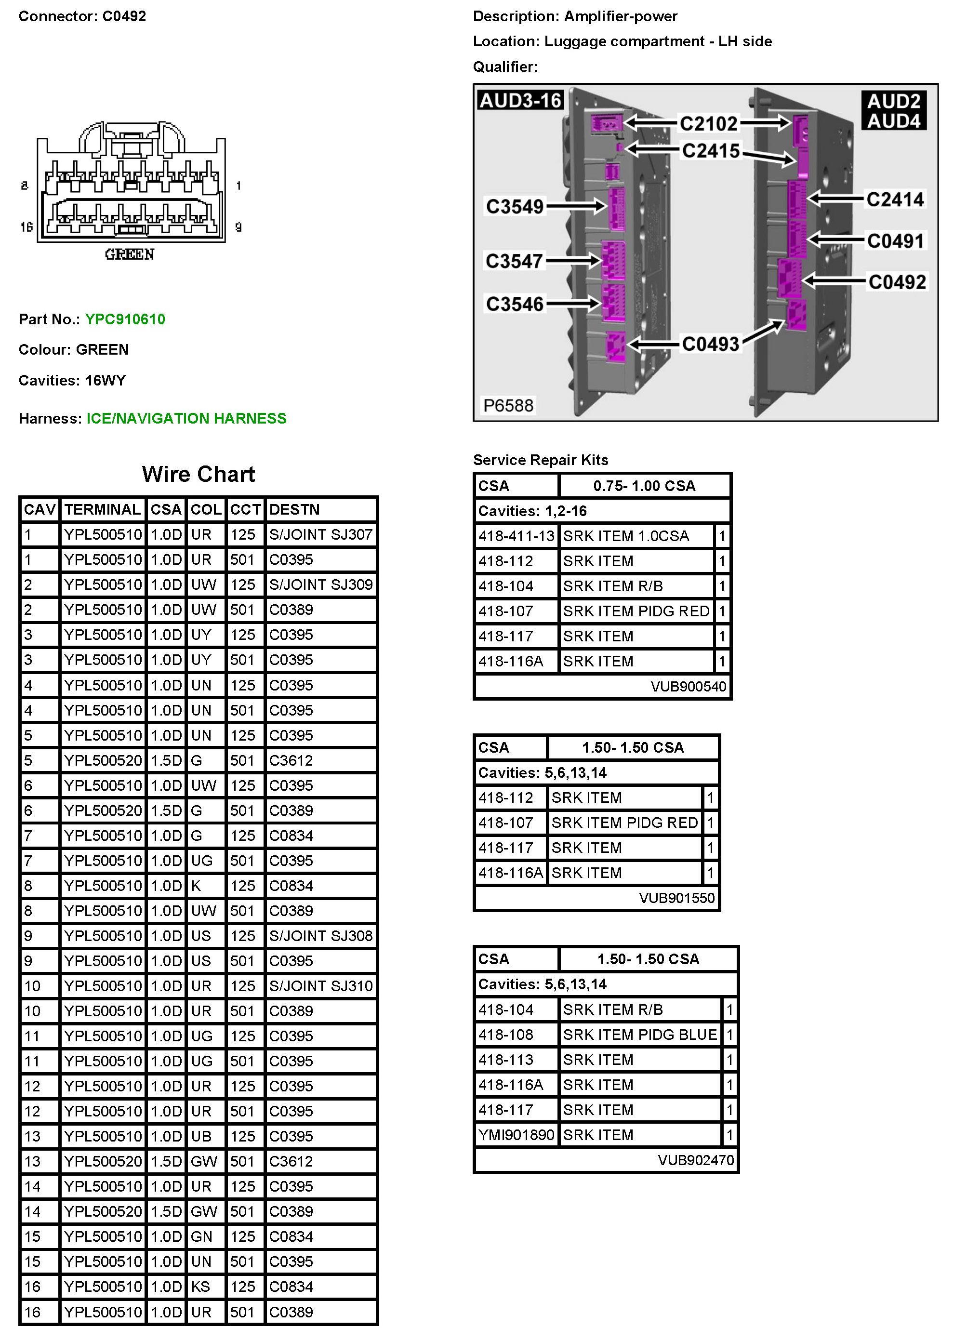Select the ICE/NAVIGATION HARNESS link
click(x=186, y=418)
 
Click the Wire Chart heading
click(x=198, y=474)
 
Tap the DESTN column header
click(x=294, y=509)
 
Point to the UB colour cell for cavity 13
click(x=201, y=1136)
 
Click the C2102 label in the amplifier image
click(x=708, y=124)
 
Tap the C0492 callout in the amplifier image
click(x=897, y=282)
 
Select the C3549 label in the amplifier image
click(x=515, y=207)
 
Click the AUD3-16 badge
click(x=520, y=100)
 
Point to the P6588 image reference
click(x=508, y=405)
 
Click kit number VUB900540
click(x=688, y=686)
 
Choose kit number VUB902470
click(x=696, y=1160)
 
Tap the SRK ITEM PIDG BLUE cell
click(x=640, y=1035)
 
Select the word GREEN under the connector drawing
click(x=130, y=254)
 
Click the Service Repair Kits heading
click(x=541, y=460)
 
